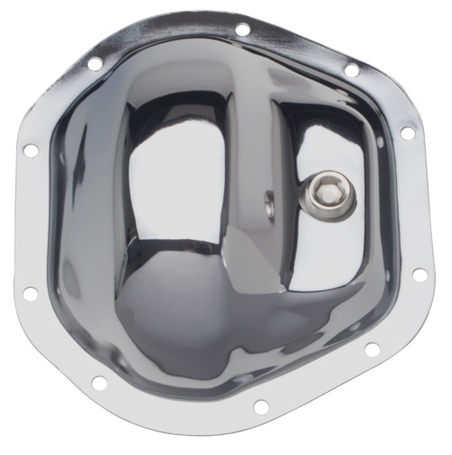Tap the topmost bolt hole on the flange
tap(241, 29)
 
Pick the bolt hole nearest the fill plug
tap(408, 133)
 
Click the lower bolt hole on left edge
tap(30, 293)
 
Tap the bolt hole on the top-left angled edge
tap(94, 63)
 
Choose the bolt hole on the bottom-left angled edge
tap(99, 383)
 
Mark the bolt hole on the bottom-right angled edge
tap(372, 349)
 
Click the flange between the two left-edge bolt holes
tap(27, 221)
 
